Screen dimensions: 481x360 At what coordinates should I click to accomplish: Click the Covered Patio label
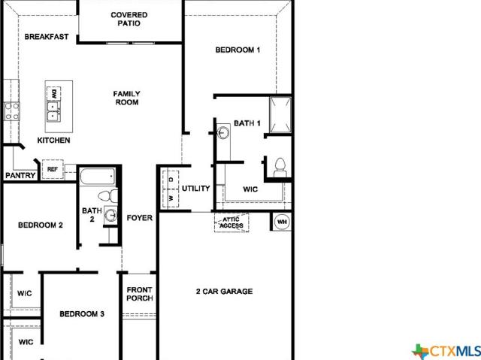point(129,19)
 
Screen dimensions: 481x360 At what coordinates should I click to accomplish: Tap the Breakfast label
point(47,37)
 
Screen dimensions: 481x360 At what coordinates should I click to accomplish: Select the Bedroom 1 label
point(237,50)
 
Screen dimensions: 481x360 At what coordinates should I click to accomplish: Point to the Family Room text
point(127,98)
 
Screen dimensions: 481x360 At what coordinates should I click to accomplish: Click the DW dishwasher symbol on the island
point(53,93)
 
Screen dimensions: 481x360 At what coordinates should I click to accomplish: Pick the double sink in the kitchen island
point(53,111)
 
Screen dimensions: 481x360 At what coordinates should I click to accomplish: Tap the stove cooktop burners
point(12,111)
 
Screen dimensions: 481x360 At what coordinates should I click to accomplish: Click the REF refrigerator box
point(53,169)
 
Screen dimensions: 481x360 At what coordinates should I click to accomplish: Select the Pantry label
point(20,176)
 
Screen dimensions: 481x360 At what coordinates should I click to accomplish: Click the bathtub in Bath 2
point(97,177)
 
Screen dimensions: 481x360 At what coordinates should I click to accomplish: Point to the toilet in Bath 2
point(107,196)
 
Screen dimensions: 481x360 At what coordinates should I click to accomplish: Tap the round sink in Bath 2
point(110,215)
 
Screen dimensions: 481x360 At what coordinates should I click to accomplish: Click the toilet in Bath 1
point(280,168)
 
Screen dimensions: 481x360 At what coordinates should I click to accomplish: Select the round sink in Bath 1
point(223,133)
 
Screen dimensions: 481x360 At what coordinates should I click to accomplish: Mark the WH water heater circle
point(282,222)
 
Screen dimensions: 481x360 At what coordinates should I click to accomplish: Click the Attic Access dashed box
point(231,222)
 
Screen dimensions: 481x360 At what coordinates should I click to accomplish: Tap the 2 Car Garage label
point(224,292)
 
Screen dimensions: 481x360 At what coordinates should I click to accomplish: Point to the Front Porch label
point(140,294)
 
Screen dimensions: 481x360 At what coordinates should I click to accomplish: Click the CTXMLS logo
point(446,351)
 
